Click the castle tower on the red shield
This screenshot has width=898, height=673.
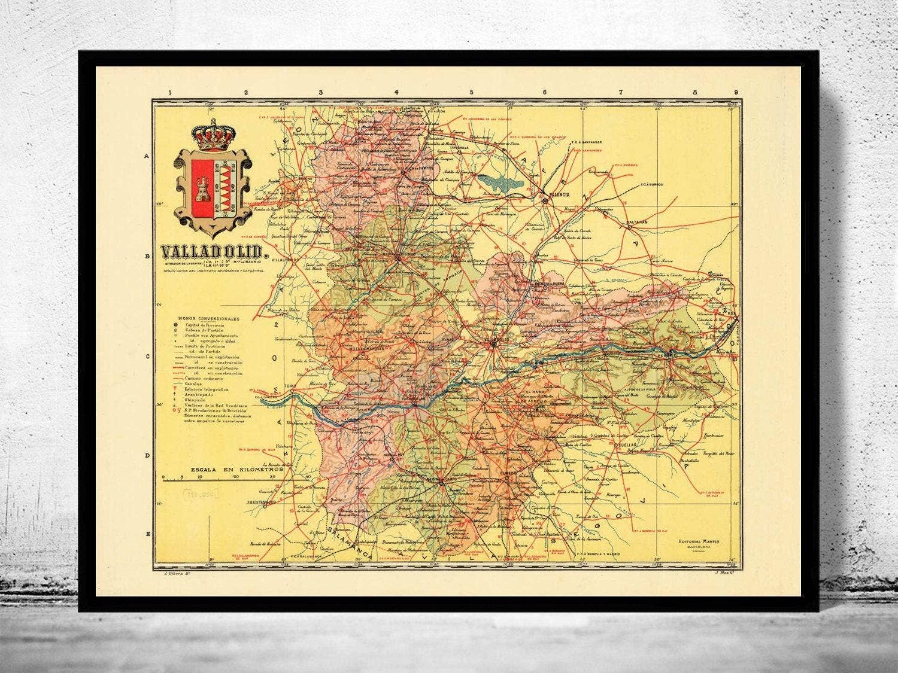pos(201,190)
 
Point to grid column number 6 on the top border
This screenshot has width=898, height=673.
pos(545,92)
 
